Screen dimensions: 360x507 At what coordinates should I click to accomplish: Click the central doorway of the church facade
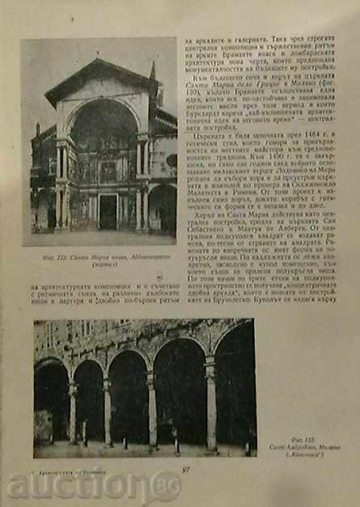pyautogui.click(x=108, y=212)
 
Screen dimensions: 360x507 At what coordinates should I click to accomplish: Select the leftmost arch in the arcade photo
pyautogui.click(x=51, y=400)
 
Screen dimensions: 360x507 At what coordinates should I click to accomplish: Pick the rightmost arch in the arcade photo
pyautogui.click(x=235, y=388)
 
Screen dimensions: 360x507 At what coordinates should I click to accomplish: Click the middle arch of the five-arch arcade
pyautogui.click(x=128, y=396)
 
